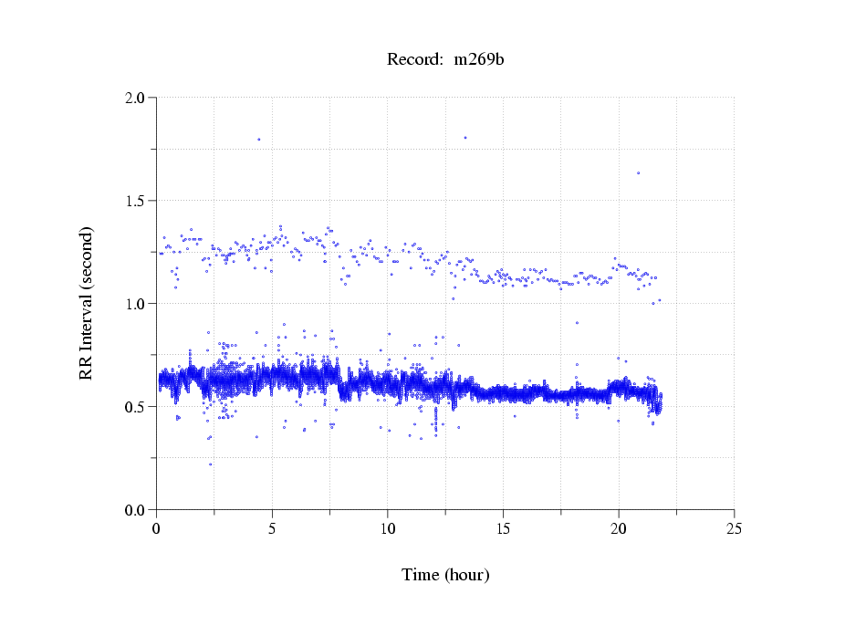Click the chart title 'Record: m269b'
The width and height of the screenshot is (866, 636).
pyautogui.click(x=444, y=60)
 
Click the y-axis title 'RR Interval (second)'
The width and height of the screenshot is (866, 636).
pyautogui.click(x=87, y=303)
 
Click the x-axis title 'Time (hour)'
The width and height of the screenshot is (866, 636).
pyautogui.click(x=445, y=575)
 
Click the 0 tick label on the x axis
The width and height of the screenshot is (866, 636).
pyautogui.click(x=157, y=528)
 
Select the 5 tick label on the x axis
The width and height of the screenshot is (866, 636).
pyautogui.click(x=272, y=528)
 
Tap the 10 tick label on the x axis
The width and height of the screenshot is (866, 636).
pyautogui.click(x=388, y=528)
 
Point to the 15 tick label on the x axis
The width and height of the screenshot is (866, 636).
pyautogui.click(x=503, y=528)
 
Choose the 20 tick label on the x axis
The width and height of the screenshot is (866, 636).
pyautogui.click(x=619, y=528)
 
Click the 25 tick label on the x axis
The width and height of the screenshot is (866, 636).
pyautogui.click(x=734, y=528)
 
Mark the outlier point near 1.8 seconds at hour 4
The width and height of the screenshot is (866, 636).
pyautogui.click(x=259, y=140)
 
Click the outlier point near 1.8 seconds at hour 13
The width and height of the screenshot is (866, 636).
pyautogui.click(x=465, y=138)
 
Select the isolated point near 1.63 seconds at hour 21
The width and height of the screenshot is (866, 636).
pyautogui.click(x=638, y=172)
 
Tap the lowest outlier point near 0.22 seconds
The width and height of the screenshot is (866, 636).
pyautogui.click(x=210, y=464)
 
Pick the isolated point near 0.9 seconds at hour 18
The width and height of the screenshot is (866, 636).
pyautogui.click(x=577, y=323)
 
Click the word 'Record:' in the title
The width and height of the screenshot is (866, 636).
pyautogui.click(x=415, y=60)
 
